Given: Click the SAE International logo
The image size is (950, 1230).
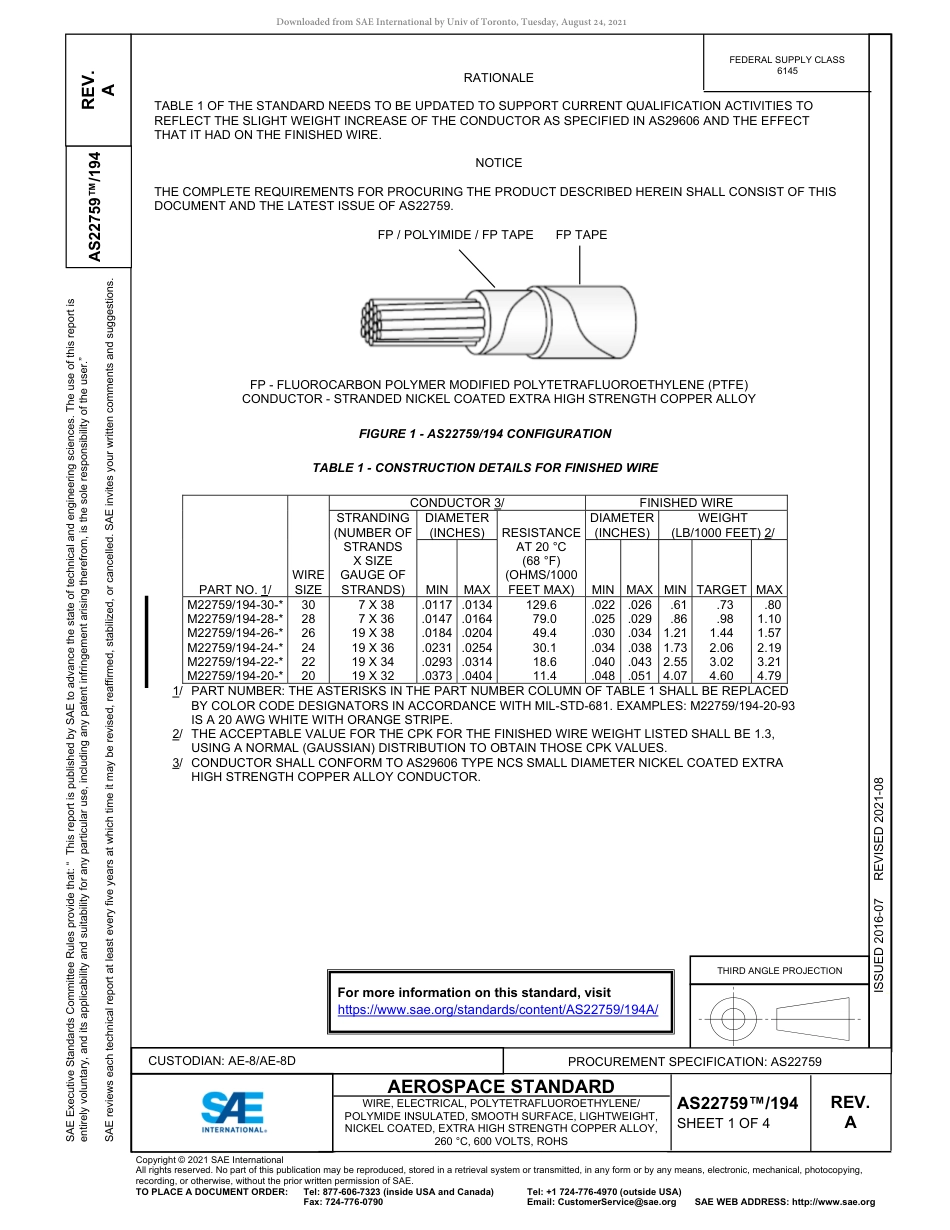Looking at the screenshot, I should (233, 1110).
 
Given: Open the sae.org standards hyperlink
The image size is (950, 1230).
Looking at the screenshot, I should (498, 1010).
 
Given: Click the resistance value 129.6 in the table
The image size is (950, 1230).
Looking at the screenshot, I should (541, 605).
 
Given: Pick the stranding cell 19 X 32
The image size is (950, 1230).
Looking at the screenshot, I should (367, 676).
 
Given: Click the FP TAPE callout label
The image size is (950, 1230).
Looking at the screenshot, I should (581, 235).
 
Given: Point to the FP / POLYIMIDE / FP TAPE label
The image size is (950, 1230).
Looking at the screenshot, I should (455, 235).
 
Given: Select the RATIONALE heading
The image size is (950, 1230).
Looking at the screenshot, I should (498, 78).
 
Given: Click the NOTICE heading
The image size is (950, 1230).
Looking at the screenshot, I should (498, 163).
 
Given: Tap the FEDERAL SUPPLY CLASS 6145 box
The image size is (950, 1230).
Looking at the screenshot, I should (786, 65).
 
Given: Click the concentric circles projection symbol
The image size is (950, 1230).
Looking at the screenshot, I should (734, 1020).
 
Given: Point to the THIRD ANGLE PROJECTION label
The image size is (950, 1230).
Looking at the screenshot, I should (779, 970).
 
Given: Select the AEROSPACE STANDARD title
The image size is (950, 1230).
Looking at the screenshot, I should (501, 1087).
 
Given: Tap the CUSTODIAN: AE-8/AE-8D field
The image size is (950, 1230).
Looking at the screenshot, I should (222, 1060).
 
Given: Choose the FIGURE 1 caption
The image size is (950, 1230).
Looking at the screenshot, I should (485, 434).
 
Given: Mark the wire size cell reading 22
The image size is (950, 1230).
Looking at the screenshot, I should (308, 662).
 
